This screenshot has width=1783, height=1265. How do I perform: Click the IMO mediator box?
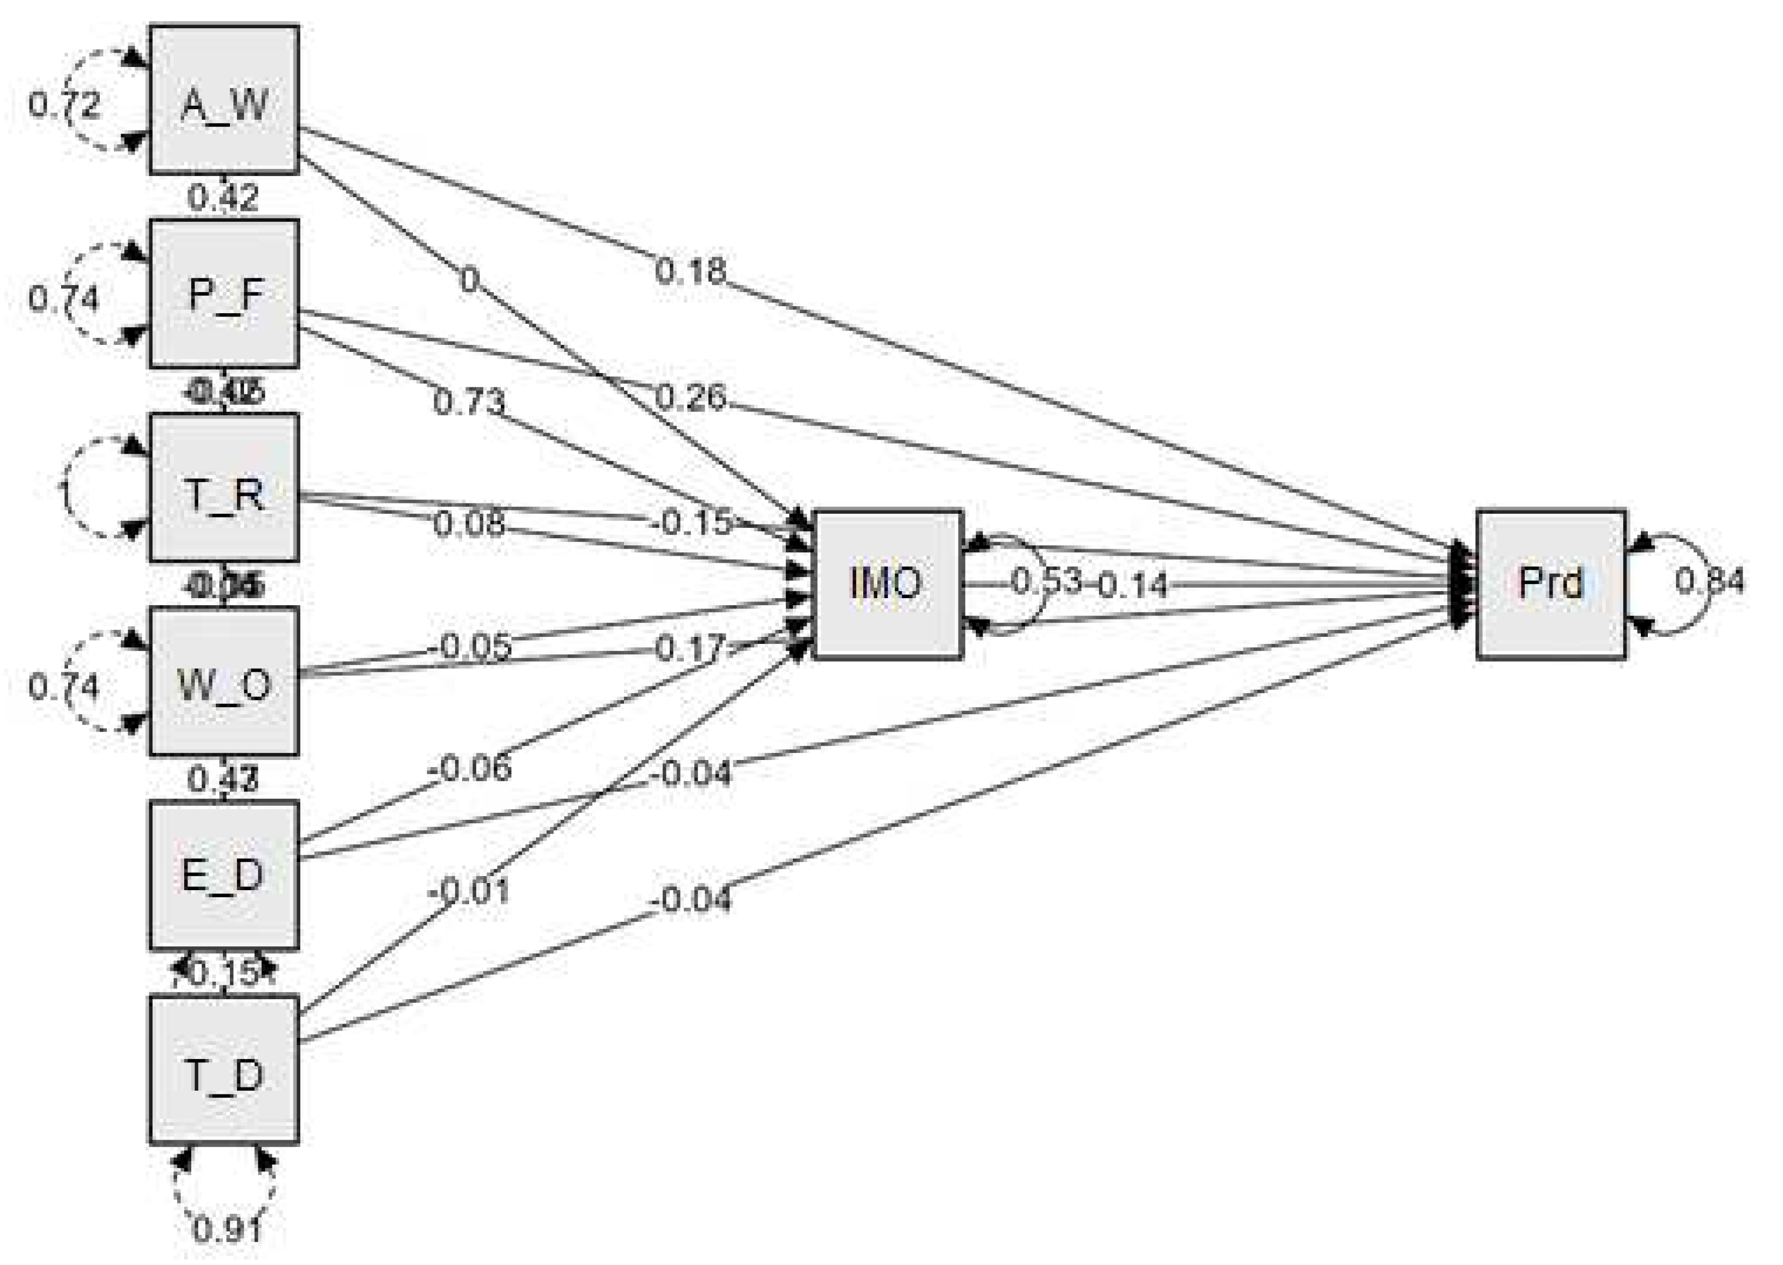[x=887, y=584]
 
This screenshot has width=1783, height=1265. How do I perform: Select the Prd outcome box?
[x=1550, y=584]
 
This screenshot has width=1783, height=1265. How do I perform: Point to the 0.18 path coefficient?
[x=689, y=271]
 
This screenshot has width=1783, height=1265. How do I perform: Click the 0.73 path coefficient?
[x=468, y=402]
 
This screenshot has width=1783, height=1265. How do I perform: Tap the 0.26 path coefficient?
[x=689, y=397]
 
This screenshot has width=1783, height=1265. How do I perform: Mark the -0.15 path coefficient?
[x=691, y=522]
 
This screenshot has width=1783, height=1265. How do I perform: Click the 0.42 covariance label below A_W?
[x=223, y=198]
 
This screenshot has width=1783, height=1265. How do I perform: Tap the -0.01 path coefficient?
[x=468, y=890]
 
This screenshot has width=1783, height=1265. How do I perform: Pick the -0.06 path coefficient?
[x=470, y=769]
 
